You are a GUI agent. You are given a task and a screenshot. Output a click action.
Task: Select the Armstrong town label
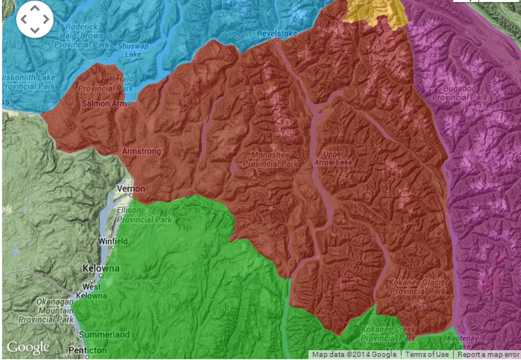[141, 151]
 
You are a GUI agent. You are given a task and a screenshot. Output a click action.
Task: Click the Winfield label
[113, 241]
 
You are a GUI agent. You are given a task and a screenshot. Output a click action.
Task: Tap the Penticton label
[87, 350]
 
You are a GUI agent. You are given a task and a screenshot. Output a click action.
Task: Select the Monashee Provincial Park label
[271, 159]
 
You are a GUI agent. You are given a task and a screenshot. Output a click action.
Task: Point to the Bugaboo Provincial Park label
[460, 92]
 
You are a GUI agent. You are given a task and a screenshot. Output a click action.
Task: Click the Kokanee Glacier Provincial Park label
[418, 287]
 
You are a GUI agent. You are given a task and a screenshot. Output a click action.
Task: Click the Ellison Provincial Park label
[144, 215]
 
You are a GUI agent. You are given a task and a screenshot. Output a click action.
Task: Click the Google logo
[28, 347]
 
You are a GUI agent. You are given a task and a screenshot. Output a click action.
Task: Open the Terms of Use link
[427, 355]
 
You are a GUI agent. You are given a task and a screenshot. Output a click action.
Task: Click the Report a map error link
[488, 355]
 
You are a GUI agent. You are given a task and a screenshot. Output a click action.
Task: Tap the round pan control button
[35, 19]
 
